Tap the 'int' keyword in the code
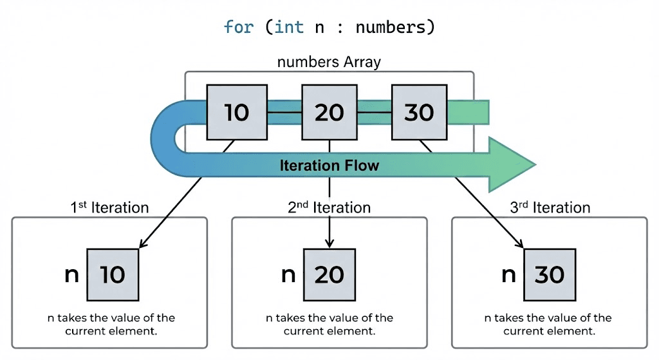[288, 28]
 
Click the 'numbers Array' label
[329, 62]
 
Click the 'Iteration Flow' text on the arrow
[329, 166]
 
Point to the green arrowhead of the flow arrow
[512, 164]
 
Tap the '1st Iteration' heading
[109, 207]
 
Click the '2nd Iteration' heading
[329, 207]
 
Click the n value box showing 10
[113, 275]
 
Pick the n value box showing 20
[329, 275]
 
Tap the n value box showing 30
[549, 275]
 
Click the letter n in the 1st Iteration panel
[71, 275]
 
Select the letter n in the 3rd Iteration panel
[508, 275]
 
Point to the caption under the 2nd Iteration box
[329, 325]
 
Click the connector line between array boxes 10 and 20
[283, 113]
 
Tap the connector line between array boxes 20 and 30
[375, 113]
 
